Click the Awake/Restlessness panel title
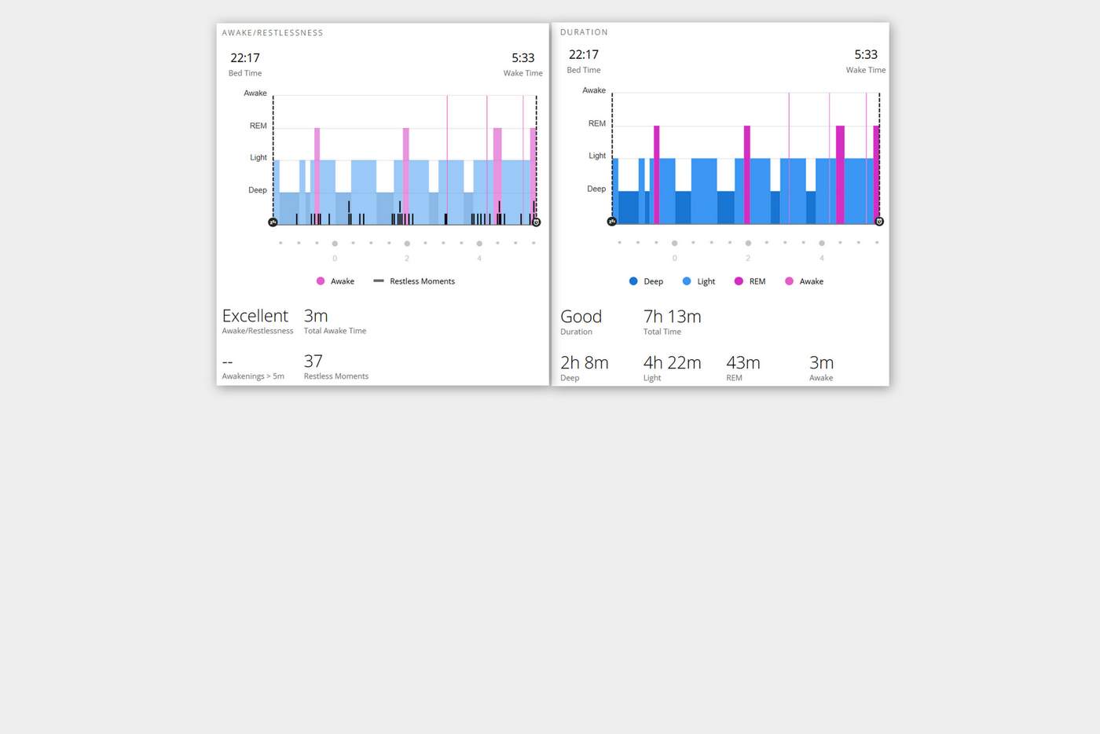pyautogui.click(x=273, y=33)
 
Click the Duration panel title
pyautogui.click(x=584, y=32)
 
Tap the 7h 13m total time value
pyautogui.click(x=672, y=317)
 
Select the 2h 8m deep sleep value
pyautogui.click(x=584, y=363)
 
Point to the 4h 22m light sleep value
pyautogui.click(x=672, y=363)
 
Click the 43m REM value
pyautogui.click(x=742, y=363)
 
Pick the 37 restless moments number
pyautogui.click(x=313, y=361)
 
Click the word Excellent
pyautogui.click(x=255, y=316)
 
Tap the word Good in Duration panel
pyautogui.click(x=581, y=317)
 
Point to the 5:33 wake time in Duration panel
pyautogui.click(x=866, y=55)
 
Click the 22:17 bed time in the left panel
pyautogui.click(x=245, y=58)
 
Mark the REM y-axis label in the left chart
pyautogui.click(x=258, y=126)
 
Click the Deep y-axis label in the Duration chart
pyautogui.click(x=596, y=189)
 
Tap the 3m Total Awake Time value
pyautogui.click(x=316, y=316)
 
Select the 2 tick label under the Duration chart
pyautogui.click(x=748, y=258)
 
